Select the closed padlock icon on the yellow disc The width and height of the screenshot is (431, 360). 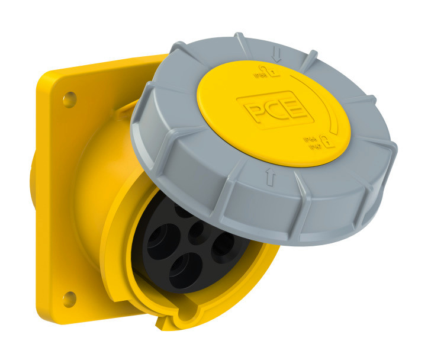point(325,142)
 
